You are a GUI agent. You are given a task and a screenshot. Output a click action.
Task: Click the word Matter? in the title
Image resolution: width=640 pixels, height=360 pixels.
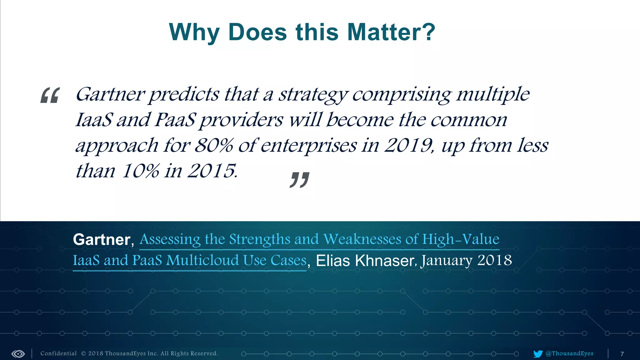click(x=391, y=32)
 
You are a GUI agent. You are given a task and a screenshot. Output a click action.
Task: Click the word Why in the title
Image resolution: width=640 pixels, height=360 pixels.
click(x=194, y=32)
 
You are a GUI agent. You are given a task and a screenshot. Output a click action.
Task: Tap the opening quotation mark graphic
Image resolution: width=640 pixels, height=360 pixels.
click(x=50, y=95)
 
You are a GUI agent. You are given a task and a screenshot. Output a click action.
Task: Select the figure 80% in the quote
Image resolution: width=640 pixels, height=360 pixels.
click(x=214, y=146)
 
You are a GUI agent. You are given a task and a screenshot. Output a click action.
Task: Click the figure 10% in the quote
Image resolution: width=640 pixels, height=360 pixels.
click(x=140, y=171)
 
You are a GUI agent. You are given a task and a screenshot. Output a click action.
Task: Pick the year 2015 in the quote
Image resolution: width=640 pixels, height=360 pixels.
click(x=211, y=171)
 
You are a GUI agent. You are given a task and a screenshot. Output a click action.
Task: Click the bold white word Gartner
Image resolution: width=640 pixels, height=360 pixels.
click(x=102, y=240)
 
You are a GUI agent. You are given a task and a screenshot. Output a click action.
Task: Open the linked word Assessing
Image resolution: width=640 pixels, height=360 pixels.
click(x=170, y=240)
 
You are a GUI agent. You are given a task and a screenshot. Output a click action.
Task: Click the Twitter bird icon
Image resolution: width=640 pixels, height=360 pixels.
click(x=538, y=354)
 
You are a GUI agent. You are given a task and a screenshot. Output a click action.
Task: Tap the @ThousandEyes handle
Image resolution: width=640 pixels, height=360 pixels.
click(x=569, y=353)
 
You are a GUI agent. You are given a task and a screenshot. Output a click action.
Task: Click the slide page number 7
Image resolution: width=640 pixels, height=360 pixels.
click(x=622, y=354)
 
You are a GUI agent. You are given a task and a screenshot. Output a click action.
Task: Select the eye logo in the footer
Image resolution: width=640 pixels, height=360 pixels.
click(x=18, y=354)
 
